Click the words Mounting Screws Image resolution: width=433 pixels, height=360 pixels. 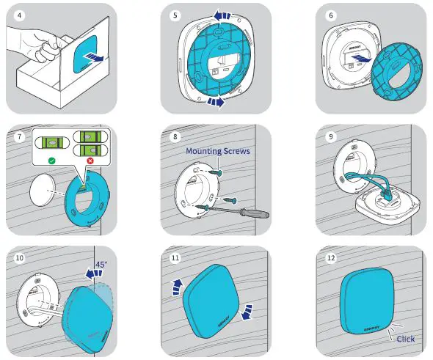coord(216,151)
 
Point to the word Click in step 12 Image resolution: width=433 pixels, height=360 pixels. coord(405,339)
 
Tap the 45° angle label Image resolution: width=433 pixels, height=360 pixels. coord(101,265)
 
